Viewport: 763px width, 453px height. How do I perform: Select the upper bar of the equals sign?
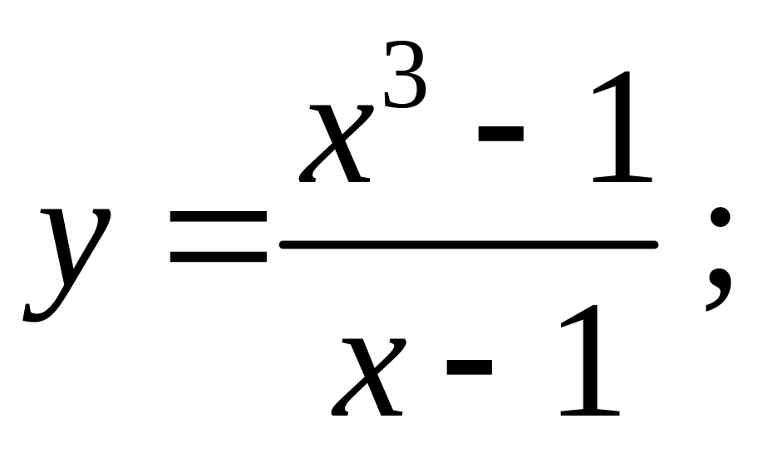point(218,216)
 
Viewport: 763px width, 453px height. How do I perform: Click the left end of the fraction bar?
point(285,244)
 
